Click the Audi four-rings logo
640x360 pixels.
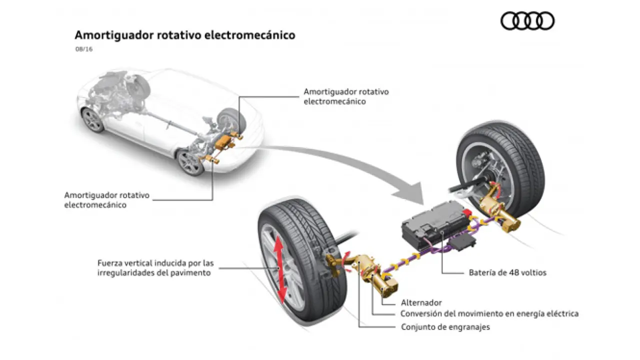coord(527,21)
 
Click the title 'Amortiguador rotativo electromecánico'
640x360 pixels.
coord(184,35)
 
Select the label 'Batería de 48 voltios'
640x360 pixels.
coord(507,273)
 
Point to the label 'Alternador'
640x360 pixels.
coord(421,302)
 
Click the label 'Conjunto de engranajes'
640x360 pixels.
coord(445,327)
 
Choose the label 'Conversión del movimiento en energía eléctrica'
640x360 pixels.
coord(489,314)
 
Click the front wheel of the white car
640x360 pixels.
coord(93,120)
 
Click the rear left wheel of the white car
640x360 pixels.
coord(190,161)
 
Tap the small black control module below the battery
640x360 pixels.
coord(459,243)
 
